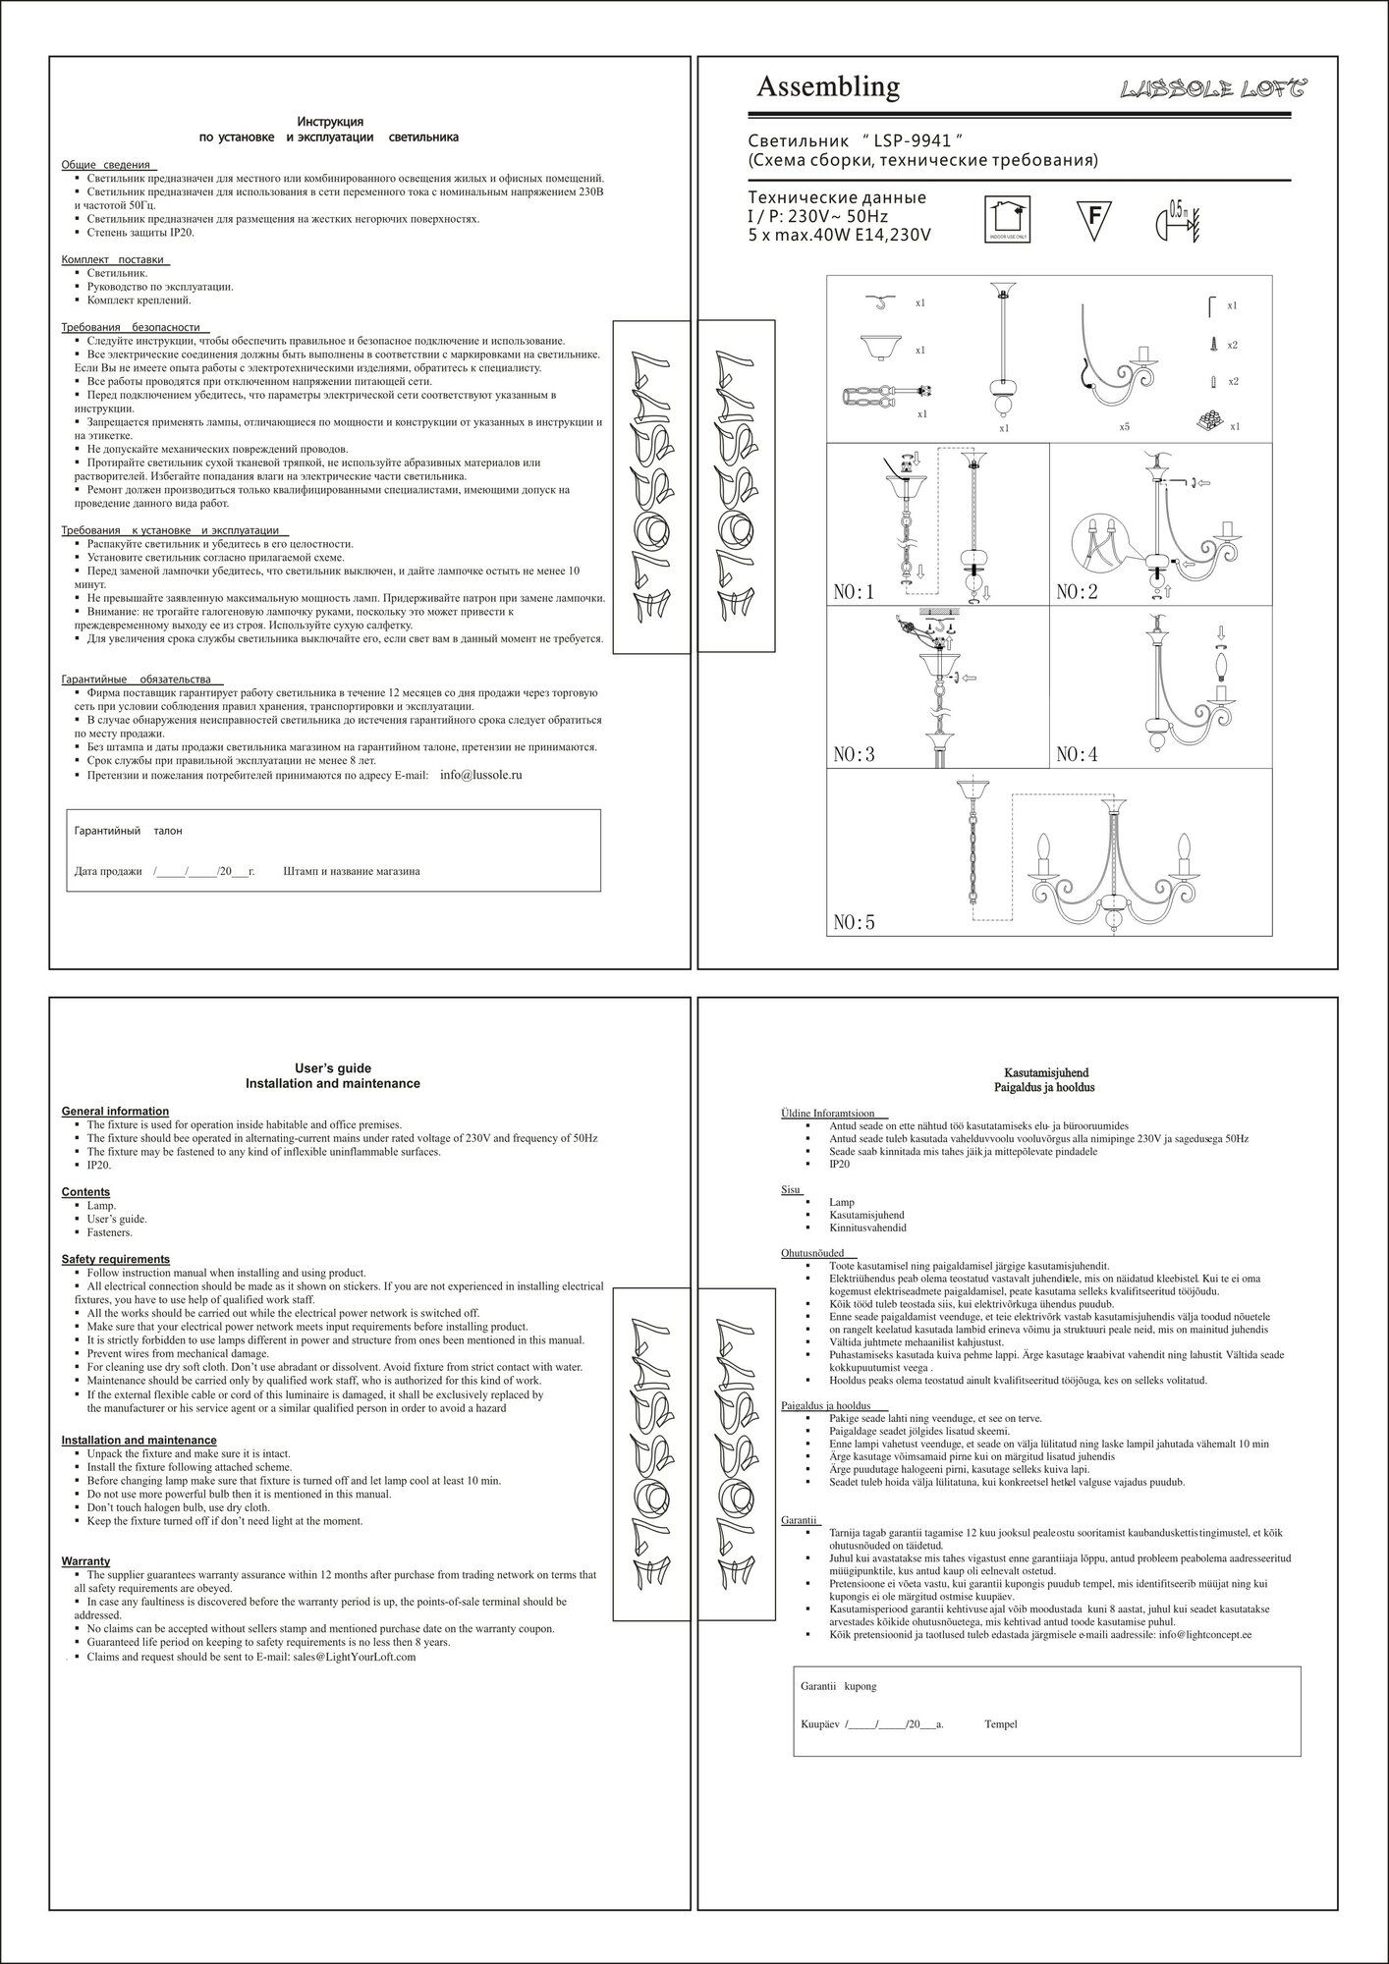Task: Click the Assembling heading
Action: tap(827, 87)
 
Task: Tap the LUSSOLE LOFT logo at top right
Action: tap(1213, 90)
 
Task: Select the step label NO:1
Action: tap(854, 592)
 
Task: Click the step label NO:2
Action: tap(1077, 592)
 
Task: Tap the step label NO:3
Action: tap(854, 755)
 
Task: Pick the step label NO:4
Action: tap(1077, 755)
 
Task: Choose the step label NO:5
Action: tap(854, 922)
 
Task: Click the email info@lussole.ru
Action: tap(480, 775)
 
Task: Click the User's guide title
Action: tap(332, 1068)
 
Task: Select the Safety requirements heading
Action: tap(116, 1259)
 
